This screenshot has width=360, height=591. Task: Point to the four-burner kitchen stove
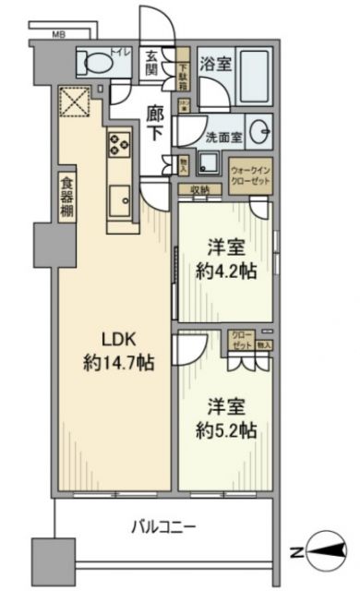119,143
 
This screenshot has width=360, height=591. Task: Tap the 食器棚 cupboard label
67,197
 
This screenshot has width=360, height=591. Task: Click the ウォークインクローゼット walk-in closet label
248,175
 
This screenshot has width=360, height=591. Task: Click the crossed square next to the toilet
71,101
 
